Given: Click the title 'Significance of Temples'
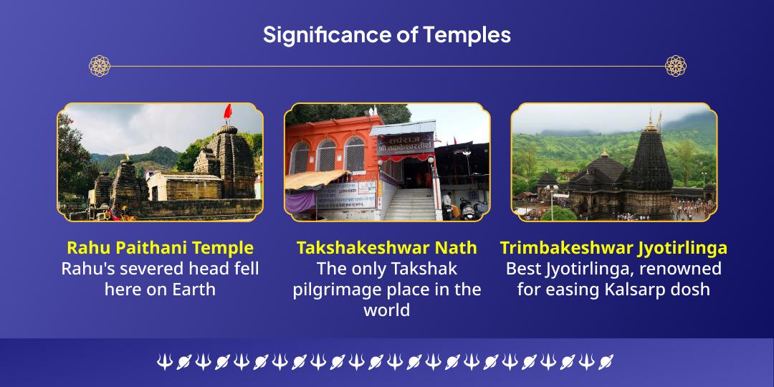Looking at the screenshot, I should [386, 34].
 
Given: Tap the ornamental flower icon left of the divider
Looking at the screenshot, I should [99, 66].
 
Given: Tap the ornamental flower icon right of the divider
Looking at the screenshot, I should [675, 66].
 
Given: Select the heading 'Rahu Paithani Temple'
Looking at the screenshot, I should [160, 248].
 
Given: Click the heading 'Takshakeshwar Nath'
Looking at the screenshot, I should [386, 248].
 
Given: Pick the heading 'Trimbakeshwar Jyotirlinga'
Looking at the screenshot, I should [613, 248].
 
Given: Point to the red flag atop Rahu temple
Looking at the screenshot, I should [228, 113].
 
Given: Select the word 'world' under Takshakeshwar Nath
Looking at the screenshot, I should [386, 310].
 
